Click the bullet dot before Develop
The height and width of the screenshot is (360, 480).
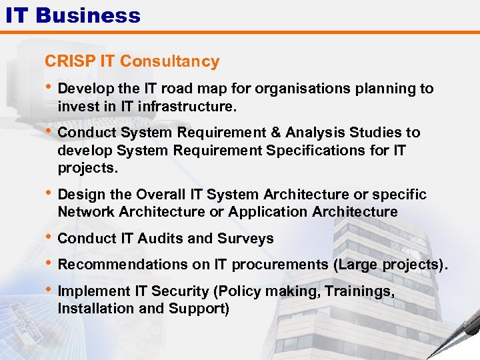tap(49, 88)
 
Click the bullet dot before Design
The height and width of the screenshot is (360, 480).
tap(49, 194)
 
